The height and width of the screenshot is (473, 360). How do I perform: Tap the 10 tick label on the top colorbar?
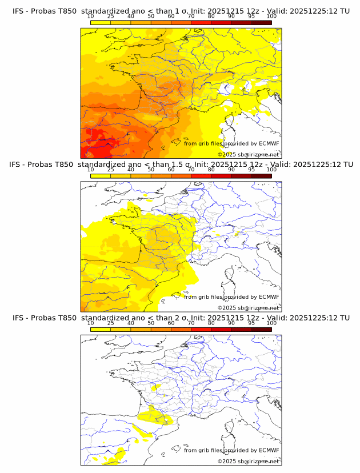pos(90,16)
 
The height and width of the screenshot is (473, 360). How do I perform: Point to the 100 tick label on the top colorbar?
pos(271,16)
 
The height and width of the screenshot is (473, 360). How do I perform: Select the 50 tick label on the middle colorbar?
pos(151,169)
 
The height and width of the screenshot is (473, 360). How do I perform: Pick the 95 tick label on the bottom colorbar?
pos(251,322)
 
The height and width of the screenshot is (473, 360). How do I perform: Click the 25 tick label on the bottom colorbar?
pos(110,322)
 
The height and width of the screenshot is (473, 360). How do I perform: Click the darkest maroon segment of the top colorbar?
pos(261,22)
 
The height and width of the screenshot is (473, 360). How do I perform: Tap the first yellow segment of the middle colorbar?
pos(100,175)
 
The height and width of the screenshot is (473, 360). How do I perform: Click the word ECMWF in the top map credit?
pos(269,143)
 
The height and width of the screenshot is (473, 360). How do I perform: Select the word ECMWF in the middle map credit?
pos(269,296)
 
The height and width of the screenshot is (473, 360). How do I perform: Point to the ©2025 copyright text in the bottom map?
pos(227,461)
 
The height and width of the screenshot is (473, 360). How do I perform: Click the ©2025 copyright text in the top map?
pos(227,155)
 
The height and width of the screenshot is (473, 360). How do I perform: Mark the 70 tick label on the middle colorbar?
pos(191,169)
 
